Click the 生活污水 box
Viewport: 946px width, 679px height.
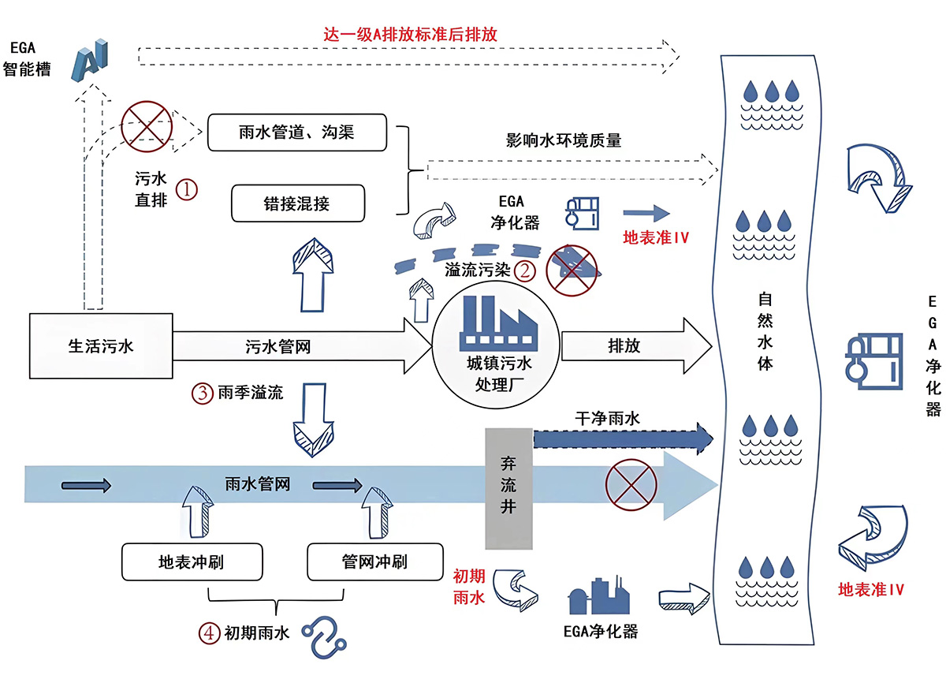(101, 345)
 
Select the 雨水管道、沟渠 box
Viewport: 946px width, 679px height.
(297, 132)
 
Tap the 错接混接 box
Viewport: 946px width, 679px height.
(297, 203)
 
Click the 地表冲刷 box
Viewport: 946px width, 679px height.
(191, 561)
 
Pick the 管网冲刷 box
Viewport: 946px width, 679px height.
(374, 561)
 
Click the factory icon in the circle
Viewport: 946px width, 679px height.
(493, 323)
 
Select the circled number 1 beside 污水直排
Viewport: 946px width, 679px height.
(187, 189)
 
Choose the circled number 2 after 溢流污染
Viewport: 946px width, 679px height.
(524, 270)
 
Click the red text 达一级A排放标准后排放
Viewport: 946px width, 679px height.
(410, 35)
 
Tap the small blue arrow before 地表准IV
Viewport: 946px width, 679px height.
(645, 212)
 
